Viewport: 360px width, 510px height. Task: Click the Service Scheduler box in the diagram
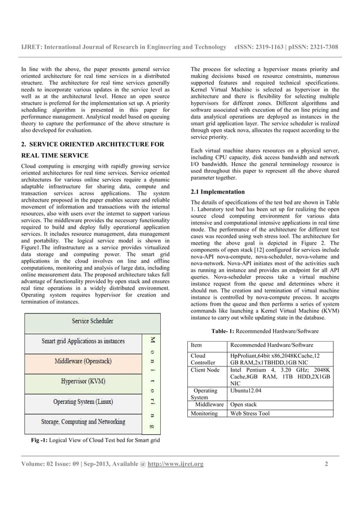tap(93, 321)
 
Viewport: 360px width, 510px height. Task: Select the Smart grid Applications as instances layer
tap(84, 341)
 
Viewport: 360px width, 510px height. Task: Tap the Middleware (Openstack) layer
tap(84, 361)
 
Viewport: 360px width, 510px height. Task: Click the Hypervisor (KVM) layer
tap(84, 381)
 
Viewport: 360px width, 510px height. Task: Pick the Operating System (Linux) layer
tap(84, 402)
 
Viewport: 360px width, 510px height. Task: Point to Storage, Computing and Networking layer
tap(84, 422)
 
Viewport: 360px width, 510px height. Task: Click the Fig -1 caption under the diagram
tap(95, 439)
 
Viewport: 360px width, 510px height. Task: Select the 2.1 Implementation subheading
tap(218, 192)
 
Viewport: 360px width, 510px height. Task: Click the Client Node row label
tap(205, 369)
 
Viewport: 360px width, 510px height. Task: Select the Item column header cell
tap(197, 345)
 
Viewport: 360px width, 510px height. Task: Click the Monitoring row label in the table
tap(204, 413)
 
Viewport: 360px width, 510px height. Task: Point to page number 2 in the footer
tap(326, 464)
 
